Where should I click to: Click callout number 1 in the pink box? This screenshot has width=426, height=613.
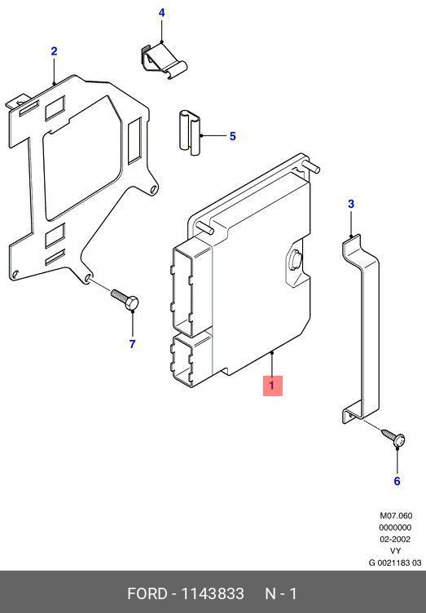272,386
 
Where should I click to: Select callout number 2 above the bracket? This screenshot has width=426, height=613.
54,51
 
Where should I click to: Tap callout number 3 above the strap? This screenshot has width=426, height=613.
351,204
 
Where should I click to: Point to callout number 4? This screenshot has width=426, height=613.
161,13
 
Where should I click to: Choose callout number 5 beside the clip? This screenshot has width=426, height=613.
233,136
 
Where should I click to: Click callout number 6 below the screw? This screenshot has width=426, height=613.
397,481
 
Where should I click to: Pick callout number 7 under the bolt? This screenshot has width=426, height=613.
133,344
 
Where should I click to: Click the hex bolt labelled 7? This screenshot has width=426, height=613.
125,300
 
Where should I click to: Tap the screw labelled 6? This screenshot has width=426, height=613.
393,438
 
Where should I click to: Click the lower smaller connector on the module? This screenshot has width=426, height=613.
191,359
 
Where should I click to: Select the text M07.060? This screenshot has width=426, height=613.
396,516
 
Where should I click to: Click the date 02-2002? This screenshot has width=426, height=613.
395,539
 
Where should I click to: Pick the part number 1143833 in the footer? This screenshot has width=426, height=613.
213,593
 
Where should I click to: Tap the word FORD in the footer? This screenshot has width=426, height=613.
147,593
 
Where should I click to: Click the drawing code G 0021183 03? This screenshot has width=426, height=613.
395,562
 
